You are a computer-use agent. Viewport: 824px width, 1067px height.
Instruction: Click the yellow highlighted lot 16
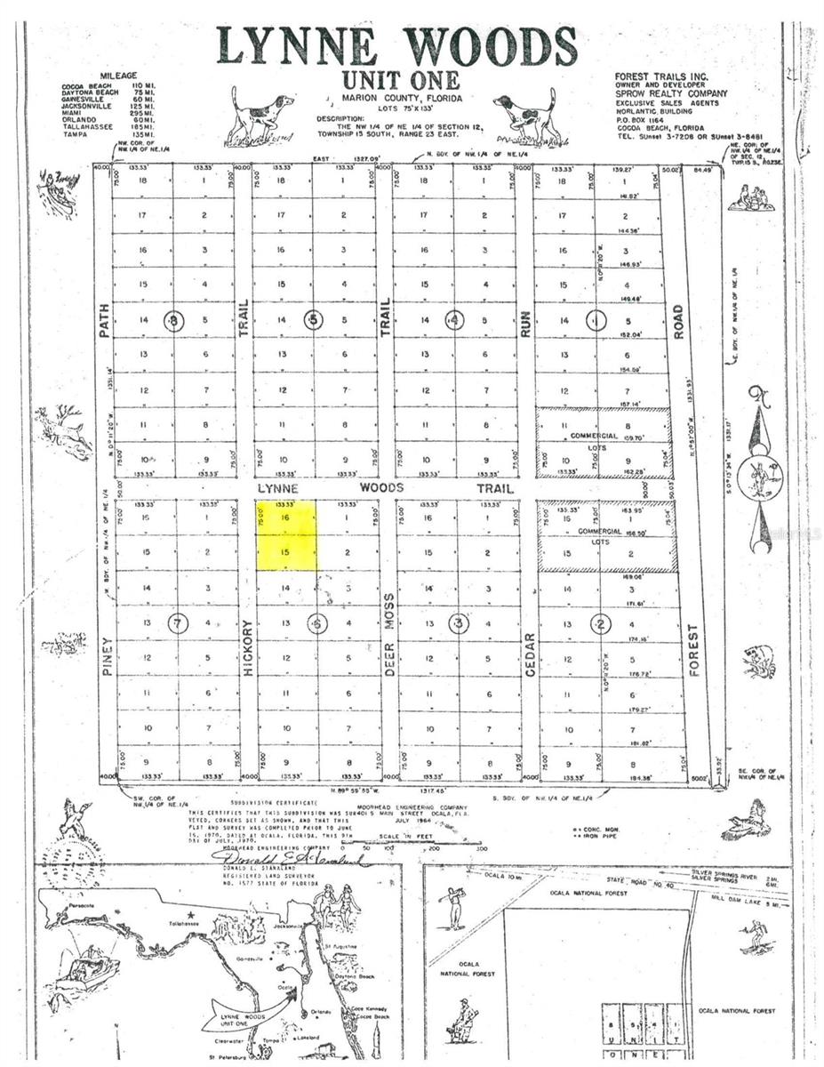pos(285,518)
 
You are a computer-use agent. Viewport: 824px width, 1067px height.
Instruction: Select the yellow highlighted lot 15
pos(285,553)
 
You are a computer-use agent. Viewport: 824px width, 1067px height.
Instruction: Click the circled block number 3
pos(459,623)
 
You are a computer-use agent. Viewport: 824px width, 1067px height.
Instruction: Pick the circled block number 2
pos(601,623)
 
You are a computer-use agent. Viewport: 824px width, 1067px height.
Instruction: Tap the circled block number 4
pos(455,320)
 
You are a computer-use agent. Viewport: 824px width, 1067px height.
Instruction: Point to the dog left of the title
pos(259,116)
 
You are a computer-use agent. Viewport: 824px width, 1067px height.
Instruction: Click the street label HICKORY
pos(247,648)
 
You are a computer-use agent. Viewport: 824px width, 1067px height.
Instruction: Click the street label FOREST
pos(695,651)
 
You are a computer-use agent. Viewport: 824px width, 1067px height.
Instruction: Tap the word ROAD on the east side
pos(678,316)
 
